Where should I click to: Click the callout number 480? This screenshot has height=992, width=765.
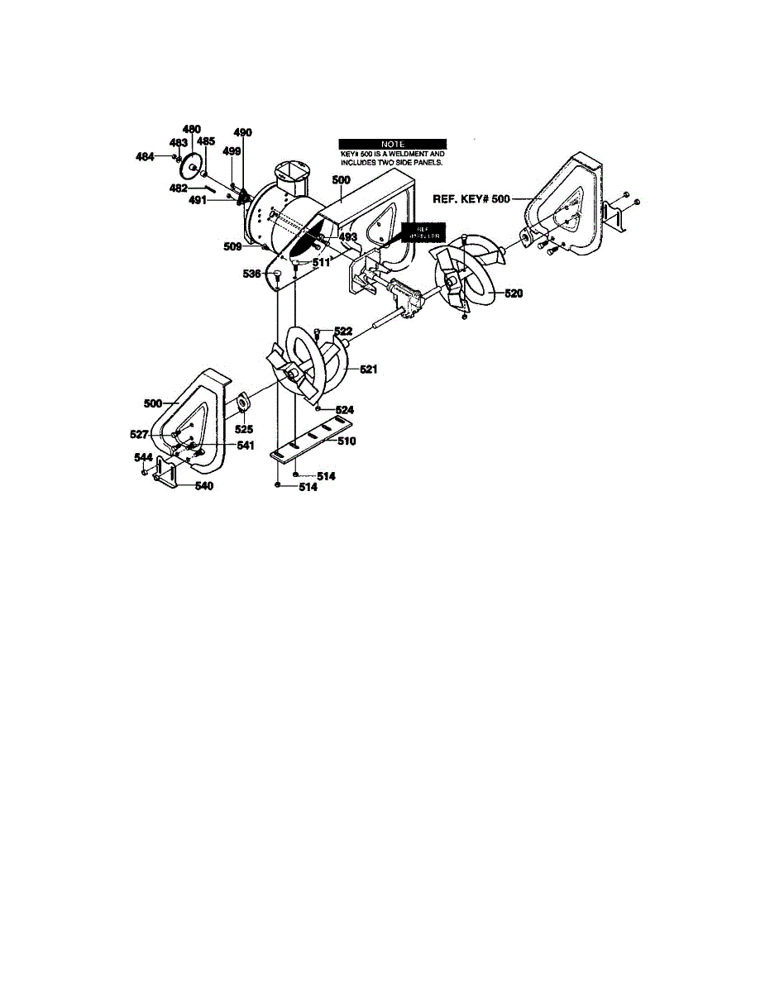click(x=191, y=129)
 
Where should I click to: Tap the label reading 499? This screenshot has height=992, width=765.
click(x=232, y=151)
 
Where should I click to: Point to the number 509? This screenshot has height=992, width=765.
click(x=232, y=246)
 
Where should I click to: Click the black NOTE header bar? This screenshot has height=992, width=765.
click(x=393, y=144)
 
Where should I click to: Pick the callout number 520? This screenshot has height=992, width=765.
click(x=514, y=293)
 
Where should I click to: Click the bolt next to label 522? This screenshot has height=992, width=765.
click(x=318, y=332)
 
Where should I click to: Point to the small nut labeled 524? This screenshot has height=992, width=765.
click(x=318, y=407)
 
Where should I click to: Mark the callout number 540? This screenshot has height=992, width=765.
click(x=203, y=486)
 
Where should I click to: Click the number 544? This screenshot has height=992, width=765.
click(x=144, y=457)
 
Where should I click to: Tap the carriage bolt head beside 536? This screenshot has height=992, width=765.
click(x=278, y=274)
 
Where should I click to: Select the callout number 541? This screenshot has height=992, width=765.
click(x=222, y=445)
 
